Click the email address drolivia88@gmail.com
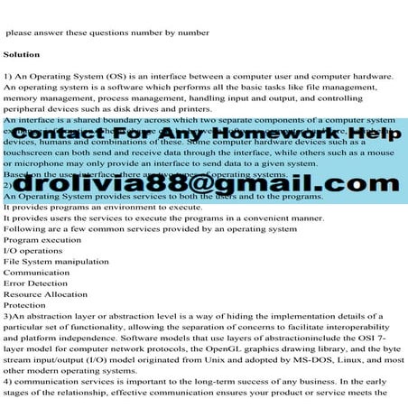202,184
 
